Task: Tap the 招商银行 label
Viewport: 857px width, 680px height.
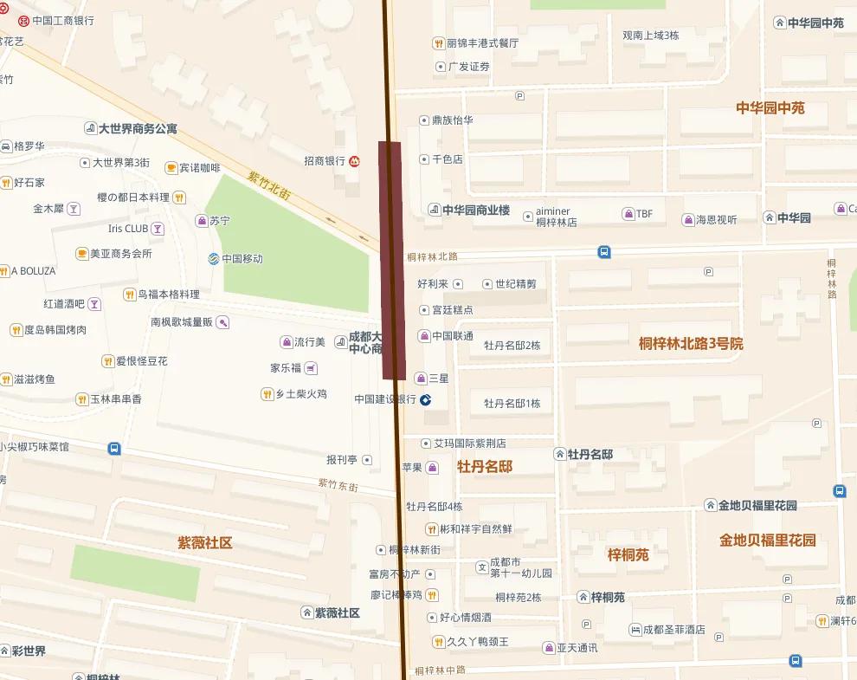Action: pyautogui.click(x=325, y=160)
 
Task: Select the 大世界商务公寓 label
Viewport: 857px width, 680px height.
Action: pyautogui.click(x=137, y=128)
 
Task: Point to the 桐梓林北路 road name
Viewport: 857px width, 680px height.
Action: pyautogui.click(x=432, y=256)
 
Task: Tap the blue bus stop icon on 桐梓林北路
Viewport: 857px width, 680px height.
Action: pyautogui.click(x=604, y=252)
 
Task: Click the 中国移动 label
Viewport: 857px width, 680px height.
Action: pyautogui.click(x=242, y=258)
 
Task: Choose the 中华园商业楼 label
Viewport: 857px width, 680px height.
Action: pyautogui.click(x=475, y=210)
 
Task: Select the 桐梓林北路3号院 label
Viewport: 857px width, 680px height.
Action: pyautogui.click(x=691, y=343)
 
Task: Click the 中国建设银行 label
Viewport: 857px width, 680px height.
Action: pyautogui.click(x=386, y=399)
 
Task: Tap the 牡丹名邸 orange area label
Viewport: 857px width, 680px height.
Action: pyautogui.click(x=485, y=467)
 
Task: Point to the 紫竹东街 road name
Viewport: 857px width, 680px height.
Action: pyautogui.click(x=338, y=485)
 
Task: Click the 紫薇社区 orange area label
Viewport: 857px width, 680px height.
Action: pyautogui.click(x=205, y=543)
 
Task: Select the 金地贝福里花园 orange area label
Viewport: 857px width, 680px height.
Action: pyautogui.click(x=767, y=540)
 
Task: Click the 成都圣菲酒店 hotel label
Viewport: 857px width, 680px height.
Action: pyautogui.click(x=673, y=630)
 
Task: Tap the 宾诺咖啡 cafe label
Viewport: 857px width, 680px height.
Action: pyautogui.click(x=199, y=168)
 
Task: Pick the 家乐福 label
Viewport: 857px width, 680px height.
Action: pyautogui.click(x=286, y=368)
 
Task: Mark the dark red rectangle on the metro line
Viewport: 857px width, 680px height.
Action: pyautogui.click(x=393, y=260)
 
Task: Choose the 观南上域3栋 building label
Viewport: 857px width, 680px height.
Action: pyautogui.click(x=651, y=36)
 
